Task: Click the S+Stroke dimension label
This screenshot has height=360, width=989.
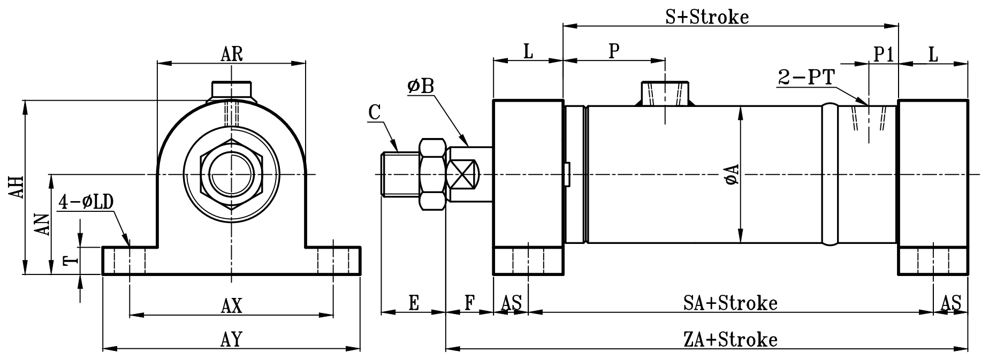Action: pyautogui.click(x=706, y=17)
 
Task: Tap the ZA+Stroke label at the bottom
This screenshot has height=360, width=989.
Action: pyautogui.click(x=730, y=339)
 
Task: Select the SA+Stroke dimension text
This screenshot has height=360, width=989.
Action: pyautogui.click(x=730, y=303)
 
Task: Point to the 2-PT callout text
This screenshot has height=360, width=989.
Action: pyautogui.click(x=806, y=78)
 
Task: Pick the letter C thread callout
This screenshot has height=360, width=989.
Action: pyautogui.click(x=375, y=113)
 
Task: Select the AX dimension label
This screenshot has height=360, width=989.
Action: pyautogui.click(x=232, y=307)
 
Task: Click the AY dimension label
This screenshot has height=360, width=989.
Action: pyautogui.click(x=232, y=339)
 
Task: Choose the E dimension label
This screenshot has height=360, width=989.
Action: pyautogui.click(x=413, y=303)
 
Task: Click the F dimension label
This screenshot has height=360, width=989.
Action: pyautogui.click(x=469, y=303)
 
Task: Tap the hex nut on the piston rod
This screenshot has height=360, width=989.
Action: pyautogui.click(x=432, y=174)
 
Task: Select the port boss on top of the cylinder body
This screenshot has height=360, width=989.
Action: pyautogui.click(x=665, y=94)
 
